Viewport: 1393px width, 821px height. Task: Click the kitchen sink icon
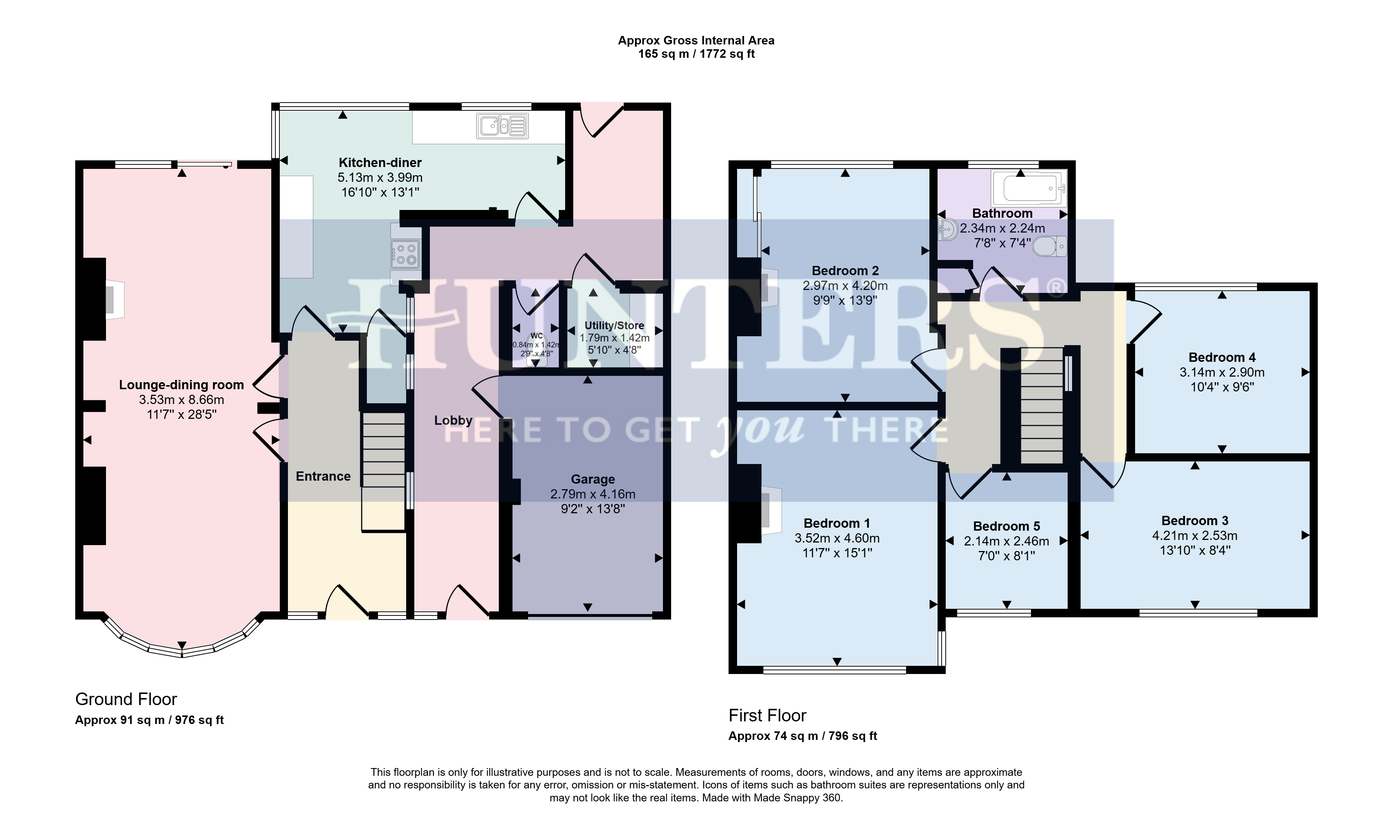click(503, 126)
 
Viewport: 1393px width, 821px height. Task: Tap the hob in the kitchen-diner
click(405, 254)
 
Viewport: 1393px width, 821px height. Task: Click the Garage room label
click(593, 479)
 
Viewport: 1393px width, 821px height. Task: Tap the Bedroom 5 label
click(1006, 526)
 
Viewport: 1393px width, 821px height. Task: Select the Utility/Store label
click(614, 325)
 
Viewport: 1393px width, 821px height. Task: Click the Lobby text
click(453, 420)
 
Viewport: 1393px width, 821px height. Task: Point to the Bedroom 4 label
click(1222, 357)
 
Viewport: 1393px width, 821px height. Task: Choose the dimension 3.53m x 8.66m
click(182, 400)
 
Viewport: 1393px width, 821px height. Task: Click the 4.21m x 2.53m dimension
click(1195, 535)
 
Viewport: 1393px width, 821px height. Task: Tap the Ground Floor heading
click(126, 699)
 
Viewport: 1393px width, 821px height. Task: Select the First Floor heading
click(767, 715)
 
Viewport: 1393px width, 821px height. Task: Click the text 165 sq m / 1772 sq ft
click(696, 54)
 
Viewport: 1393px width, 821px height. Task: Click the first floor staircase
click(1042, 406)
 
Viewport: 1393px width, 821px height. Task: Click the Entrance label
click(323, 476)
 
